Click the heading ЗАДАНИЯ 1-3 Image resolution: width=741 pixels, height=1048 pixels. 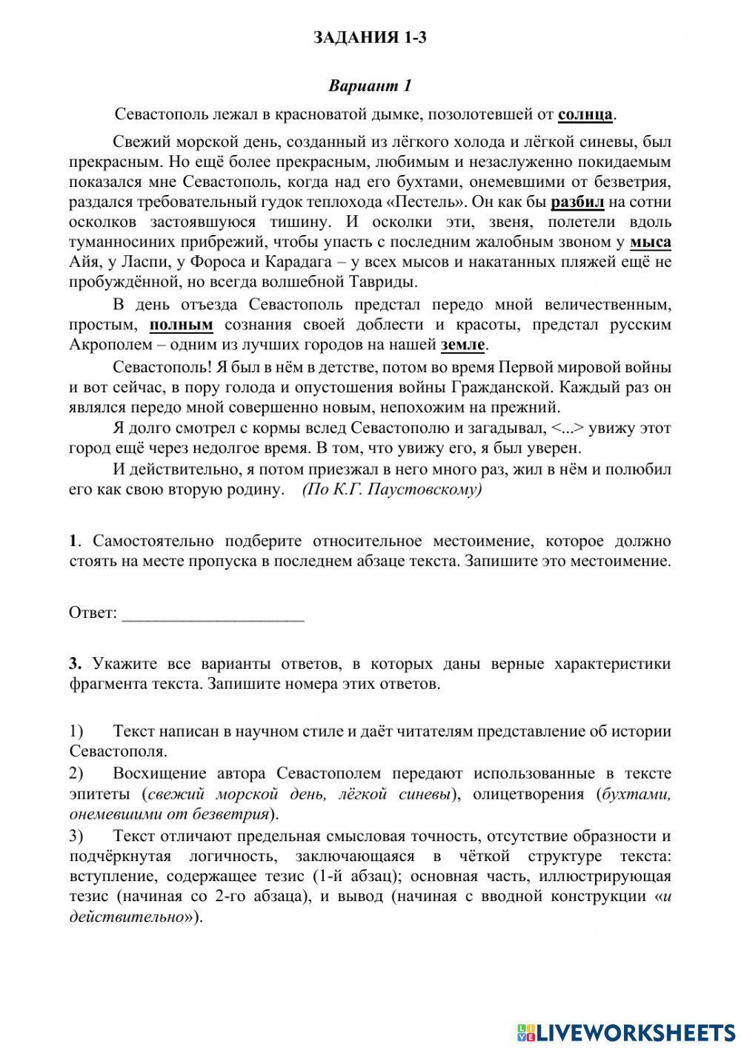tap(370, 38)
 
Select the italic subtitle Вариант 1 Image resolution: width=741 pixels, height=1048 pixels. tap(370, 85)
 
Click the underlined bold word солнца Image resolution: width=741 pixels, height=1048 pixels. tap(585, 114)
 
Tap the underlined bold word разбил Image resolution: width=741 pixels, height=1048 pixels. tap(578, 202)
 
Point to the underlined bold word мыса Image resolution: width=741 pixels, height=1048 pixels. tap(651, 242)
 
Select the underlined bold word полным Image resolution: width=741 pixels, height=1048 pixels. tap(182, 325)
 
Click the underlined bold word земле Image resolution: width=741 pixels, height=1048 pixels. tap(463, 345)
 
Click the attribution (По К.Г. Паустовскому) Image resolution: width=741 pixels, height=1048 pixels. tap(392, 490)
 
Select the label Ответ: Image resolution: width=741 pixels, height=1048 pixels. tap(93, 613)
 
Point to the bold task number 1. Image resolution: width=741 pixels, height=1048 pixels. tap(73, 541)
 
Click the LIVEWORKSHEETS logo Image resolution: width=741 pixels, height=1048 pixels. tap(626, 1032)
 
